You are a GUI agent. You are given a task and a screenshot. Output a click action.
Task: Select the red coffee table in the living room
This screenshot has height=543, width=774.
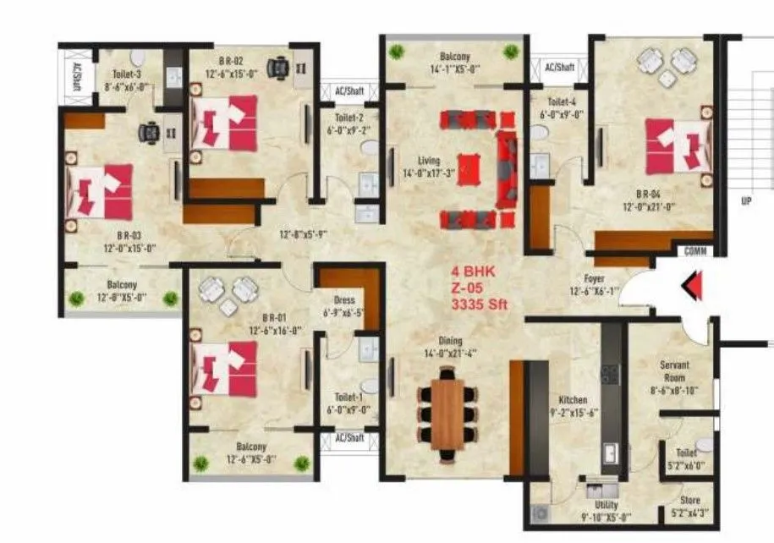coord(468,167)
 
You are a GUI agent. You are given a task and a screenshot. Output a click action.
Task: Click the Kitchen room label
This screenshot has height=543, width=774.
coord(573,400)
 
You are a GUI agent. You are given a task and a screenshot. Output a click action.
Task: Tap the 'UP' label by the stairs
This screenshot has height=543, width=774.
coord(746,201)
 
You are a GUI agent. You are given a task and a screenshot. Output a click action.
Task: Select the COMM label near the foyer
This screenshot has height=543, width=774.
coord(696,251)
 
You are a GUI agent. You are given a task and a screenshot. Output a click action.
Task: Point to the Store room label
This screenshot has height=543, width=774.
coord(689,501)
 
